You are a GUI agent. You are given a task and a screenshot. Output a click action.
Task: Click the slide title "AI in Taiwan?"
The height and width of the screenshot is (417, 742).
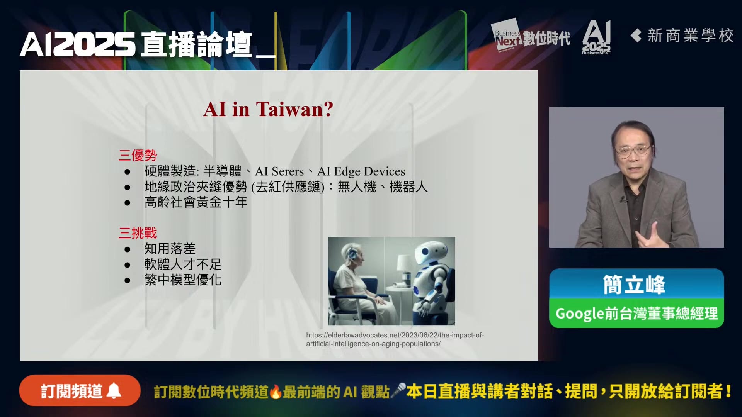[268, 109]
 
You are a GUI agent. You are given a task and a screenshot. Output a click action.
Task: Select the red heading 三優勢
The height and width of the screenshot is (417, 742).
[138, 155]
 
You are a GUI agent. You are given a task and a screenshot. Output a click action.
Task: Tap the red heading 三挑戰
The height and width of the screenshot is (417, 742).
[138, 233]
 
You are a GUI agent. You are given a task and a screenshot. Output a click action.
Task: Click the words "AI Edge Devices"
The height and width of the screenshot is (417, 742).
[361, 171]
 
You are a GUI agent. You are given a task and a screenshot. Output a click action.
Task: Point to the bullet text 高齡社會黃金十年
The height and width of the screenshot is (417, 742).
[196, 202]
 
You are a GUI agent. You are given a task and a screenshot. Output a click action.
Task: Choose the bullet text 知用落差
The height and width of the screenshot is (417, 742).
[170, 249]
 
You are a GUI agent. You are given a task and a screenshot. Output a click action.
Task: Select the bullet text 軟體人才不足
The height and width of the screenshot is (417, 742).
[183, 264]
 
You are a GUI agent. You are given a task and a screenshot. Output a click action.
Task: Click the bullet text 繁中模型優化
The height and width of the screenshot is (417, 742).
[183, 280]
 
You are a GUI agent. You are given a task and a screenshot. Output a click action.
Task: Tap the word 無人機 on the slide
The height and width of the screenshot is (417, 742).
[357, 187]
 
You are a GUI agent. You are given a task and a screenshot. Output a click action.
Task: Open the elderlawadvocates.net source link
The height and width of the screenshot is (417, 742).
[395, 339]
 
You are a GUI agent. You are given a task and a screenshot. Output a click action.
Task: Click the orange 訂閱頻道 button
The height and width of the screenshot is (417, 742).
[80, 391]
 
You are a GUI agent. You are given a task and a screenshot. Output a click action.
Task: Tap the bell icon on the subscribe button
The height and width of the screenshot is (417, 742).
[114, 391]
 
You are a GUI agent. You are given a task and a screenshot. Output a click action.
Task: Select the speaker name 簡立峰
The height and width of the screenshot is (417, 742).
[634, 285]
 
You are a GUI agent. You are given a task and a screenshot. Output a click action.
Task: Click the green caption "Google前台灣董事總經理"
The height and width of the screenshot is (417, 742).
[636, 313]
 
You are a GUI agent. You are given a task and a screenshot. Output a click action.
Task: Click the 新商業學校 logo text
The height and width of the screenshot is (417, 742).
[682, 36]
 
